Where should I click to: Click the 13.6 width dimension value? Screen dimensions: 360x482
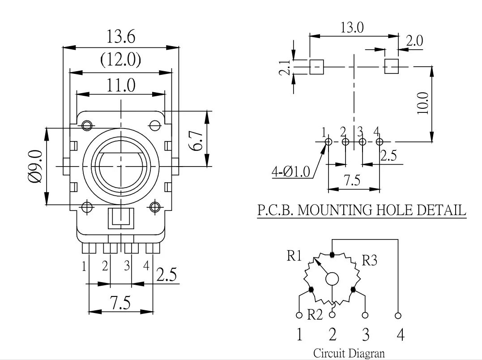(120, 37)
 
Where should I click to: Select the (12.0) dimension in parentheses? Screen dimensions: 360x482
(120, 60)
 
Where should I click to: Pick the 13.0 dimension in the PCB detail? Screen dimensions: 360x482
(352, 28)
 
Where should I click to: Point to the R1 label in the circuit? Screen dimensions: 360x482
(295, 257)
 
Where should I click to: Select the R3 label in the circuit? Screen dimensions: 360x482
(369, 261)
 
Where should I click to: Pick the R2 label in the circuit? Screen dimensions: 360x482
(315, 315)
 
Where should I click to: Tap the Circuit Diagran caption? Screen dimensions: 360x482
(349, 353)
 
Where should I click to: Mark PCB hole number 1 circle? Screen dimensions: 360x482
(328, 142)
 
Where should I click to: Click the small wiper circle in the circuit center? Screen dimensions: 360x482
(332, 279)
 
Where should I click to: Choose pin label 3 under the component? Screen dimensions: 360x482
(127, 266)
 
